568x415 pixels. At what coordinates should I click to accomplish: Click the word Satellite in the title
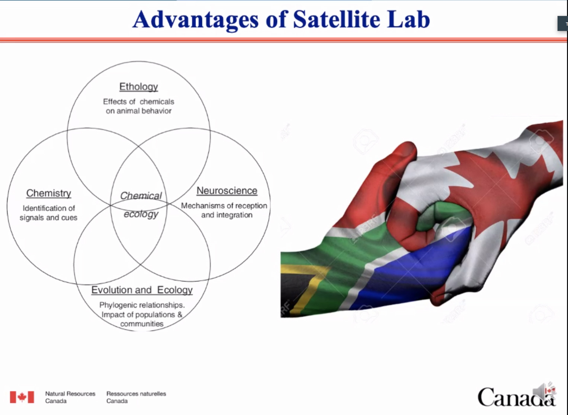point(337,20)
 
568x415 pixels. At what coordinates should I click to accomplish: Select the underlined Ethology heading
point(139,87)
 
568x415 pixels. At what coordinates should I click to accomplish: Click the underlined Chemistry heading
point(49,193)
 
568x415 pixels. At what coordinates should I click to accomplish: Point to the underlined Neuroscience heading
point(227,191)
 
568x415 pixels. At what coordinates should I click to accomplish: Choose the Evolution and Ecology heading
point(142,290)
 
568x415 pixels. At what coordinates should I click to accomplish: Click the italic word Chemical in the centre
point(141,195)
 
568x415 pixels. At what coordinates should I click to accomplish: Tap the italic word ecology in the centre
point(141,214)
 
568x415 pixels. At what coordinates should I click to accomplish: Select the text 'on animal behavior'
point(139,111)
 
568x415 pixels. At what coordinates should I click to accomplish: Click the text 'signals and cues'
point(48,218)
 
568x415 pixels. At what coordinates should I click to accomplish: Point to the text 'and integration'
point(227,215)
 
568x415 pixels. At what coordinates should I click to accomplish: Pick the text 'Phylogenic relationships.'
point(142,305)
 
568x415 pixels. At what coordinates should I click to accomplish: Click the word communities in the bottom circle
point(142,324)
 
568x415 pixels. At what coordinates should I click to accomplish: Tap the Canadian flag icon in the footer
point(22,397)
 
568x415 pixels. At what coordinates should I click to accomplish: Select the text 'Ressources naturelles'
point(136,394)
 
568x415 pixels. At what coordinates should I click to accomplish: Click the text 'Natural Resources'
point(70,394)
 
